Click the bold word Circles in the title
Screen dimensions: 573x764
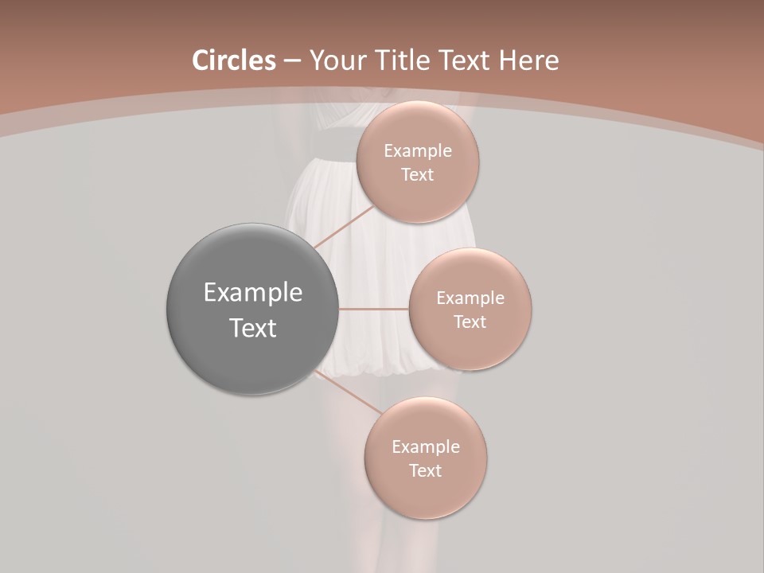[234, 60]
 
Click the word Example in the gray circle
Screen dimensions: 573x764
[253, 293]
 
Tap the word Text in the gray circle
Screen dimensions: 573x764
[253, 328]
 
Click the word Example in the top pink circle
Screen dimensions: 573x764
[417, 151]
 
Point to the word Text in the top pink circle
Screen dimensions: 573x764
[417, 175]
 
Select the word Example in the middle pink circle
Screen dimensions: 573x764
[470, 298]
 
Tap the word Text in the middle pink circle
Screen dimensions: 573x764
[470, 322]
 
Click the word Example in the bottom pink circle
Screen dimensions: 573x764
[425, 447]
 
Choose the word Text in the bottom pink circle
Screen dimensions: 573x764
[425, 471]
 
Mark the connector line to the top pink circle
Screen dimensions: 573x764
[344, 227]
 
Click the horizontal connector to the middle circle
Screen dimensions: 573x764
[373, 309]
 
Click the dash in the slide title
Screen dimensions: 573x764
[292, 61]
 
